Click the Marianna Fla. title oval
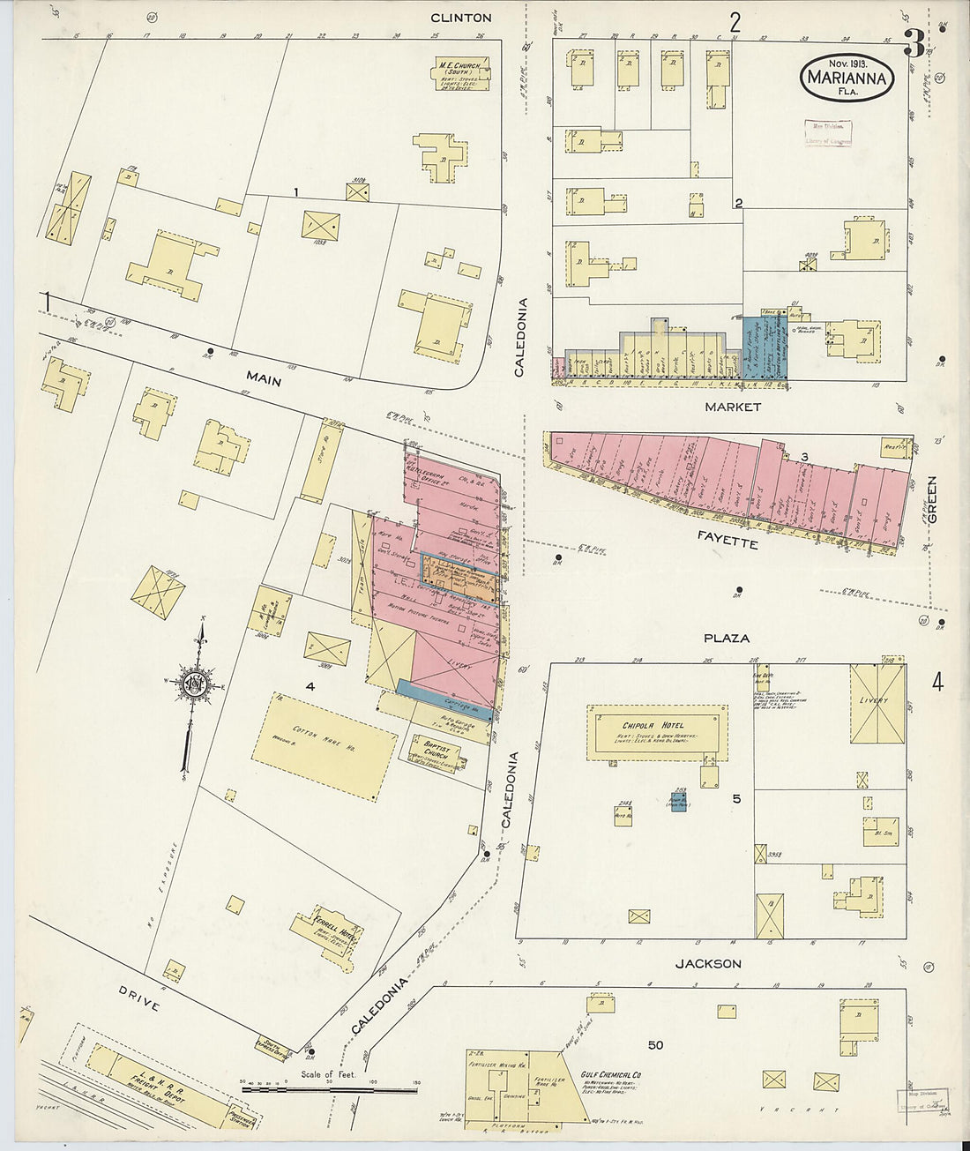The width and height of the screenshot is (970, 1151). click(x=847, y=78)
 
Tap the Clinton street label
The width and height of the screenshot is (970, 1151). click(x=460, y=18)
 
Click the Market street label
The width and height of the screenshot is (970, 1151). click(x=733, y=407)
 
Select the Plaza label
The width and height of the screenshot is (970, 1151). click(x=727, y=638)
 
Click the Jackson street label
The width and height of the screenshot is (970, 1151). click(x=708, y=964)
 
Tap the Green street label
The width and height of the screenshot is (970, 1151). click(x=931, y=498)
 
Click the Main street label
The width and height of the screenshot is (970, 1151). click(x=264, y=379)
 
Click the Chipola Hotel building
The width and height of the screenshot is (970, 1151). click(x=658, y=731)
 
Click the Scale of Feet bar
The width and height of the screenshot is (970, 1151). click(x=331, y=1090)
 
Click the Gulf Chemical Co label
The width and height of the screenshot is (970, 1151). click(x=610, y=1075)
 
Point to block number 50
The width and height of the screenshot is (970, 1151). click(x=655, y=1045)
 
